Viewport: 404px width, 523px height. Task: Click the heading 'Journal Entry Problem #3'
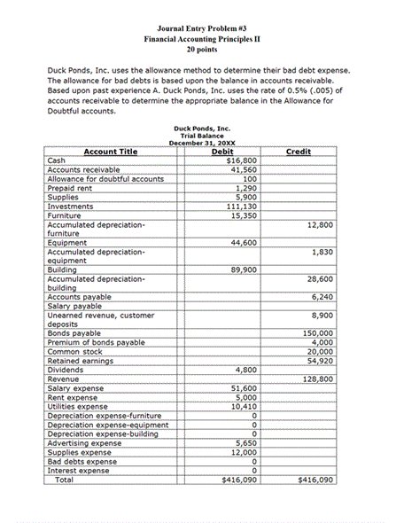(202, 28)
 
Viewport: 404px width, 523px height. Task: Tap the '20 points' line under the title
(202, 51)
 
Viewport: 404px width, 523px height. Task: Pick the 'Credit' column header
(299, 152)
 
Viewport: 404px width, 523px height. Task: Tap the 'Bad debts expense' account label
(82, 461)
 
